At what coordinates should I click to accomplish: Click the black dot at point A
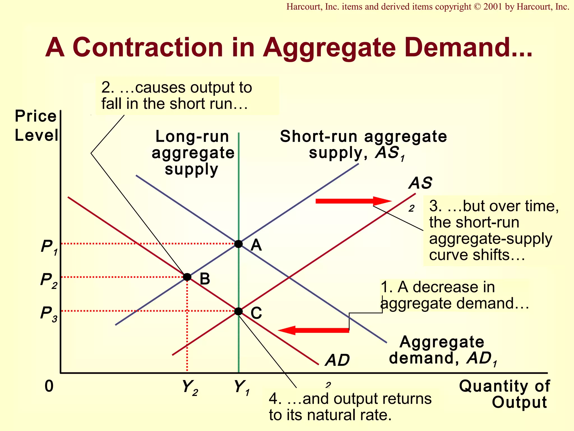click(x=238, y=244)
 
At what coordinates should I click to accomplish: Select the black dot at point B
click(x=187, y=277)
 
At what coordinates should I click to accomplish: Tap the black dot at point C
click(x=238, y=311)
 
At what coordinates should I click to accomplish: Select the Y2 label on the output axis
click(x=190, y=388)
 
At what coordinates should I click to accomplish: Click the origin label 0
click(x=49, y=386)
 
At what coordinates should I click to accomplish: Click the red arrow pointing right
click(x=353, y=201)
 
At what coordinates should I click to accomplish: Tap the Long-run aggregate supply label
click(x=193, y=153)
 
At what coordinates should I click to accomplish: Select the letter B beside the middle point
click(x=205, y=279)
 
